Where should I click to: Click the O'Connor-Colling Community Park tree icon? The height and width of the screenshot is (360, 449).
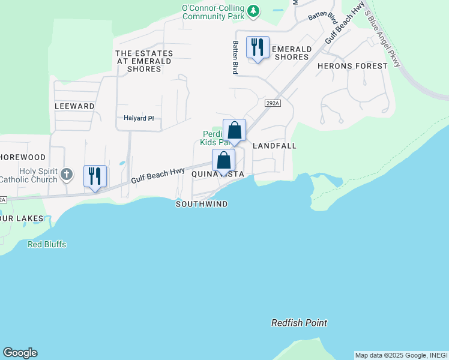(254, 10)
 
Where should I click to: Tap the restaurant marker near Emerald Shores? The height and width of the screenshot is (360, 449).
(258, 47)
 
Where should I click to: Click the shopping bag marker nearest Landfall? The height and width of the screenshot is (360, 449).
(234, 130)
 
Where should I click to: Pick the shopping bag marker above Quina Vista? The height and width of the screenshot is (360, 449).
(223, 161)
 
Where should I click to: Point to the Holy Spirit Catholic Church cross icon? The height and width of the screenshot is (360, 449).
(67, 175)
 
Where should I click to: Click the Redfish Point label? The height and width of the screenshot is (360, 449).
(299, 323)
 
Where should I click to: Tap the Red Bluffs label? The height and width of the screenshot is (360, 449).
(47, 245)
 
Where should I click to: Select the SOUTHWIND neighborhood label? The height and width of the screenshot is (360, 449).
(202, 204)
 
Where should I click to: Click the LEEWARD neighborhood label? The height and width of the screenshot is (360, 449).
(74, 106)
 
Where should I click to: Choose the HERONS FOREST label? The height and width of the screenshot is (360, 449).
(352, 66)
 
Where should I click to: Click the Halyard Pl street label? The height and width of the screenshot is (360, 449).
(139, 118)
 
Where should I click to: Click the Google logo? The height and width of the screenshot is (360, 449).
(20, 353)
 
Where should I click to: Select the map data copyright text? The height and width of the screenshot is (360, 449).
(400, 355)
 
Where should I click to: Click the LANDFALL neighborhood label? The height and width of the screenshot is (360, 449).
(275, 146)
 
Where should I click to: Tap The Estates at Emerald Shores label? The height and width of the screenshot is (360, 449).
(144, 61)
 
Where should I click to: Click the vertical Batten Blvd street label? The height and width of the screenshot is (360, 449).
(236, 57)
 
